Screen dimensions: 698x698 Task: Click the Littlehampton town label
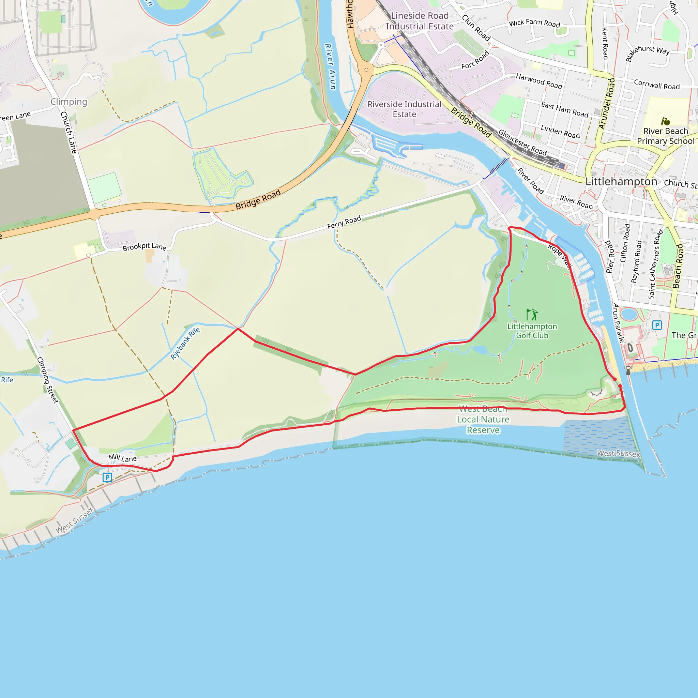621,181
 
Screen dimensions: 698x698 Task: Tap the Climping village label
69,102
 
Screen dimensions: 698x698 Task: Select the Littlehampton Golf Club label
532,331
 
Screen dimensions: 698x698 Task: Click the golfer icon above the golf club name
532,315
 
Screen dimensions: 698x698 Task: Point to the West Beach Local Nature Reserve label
483,420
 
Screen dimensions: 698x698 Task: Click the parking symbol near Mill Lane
107,477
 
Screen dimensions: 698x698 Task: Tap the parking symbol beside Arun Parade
657,325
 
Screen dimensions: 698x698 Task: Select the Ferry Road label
344,222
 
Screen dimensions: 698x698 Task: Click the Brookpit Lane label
145,247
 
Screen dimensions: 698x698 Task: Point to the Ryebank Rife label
185,344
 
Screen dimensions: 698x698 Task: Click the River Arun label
330,67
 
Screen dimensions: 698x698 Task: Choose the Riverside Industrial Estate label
404,109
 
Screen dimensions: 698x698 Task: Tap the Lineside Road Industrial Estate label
420,21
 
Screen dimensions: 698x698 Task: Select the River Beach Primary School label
666,136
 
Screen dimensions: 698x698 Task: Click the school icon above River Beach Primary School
666,121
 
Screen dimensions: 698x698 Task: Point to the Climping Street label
48,380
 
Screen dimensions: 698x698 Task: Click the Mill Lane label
123,458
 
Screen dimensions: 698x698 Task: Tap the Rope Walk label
560,257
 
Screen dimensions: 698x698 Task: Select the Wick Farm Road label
534,23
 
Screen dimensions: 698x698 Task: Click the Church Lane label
69,132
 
